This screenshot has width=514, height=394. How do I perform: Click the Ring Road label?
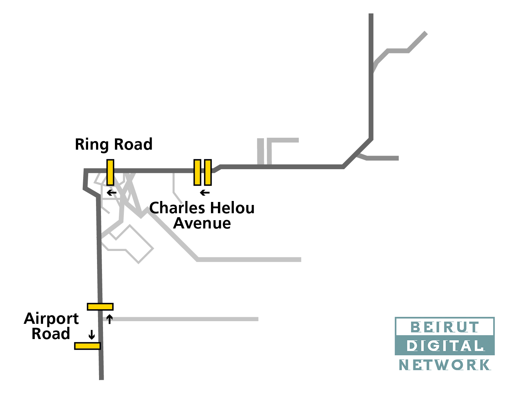pyautogui.click(x=114, y=145)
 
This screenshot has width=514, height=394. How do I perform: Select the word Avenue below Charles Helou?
pyautogui.click(x=202, y=223)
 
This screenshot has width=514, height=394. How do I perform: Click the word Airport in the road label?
pyautogui.click(x=51, y=319)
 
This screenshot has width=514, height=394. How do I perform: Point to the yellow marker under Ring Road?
pyautogui.click(x=110, y=172)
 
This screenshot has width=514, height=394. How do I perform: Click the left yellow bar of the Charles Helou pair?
pyautogui.click(x=197, y=172)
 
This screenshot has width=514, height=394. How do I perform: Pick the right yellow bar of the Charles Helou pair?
pyautogui.click(x=208, y=172)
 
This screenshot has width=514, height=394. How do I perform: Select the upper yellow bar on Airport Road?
pyautogui.click(x=100, y=307)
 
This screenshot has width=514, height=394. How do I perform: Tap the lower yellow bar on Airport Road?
pyautogui.click(x=87, y=346)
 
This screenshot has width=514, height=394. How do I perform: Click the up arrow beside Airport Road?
pyautogui.click(x=110, y=319)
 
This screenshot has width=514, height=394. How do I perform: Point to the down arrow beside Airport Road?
pyautogui.click(x=92, y=335)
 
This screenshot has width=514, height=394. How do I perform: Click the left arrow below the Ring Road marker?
pyautogui.click(x=112, y=192)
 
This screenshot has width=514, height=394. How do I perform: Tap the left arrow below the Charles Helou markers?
pyautogui.click(x=205, y=192)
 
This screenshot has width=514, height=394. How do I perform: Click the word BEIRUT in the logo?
pyautogui.click(x=445, y=327)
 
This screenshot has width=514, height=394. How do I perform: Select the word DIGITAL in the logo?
pyautogui.click(x=445, y=346)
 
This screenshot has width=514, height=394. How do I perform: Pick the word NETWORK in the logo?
pyautogui.click(x=445, y=365)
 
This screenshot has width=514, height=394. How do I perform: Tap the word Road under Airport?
pyautogui.click(x=51, y=334)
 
